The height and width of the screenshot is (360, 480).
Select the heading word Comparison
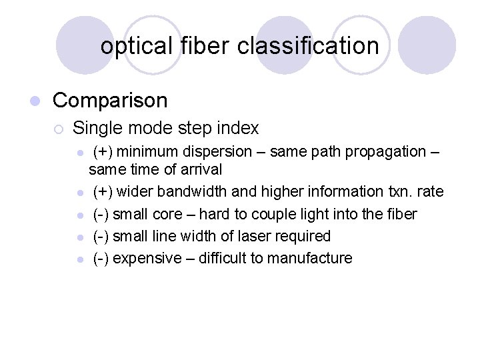[110, 101]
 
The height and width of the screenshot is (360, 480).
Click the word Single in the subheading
[95, 127]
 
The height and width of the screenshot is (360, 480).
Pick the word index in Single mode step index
[239, 127]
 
